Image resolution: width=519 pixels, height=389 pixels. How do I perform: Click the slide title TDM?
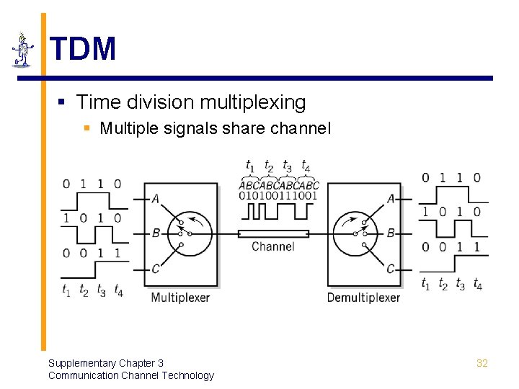(83, 49)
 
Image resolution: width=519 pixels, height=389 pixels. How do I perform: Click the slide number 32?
(482, 363)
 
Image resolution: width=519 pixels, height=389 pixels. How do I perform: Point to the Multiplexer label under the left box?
(179, 298)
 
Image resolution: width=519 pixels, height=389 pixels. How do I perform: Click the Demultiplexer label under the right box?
(363, 298)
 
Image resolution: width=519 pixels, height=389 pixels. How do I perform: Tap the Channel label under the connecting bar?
(272, 246)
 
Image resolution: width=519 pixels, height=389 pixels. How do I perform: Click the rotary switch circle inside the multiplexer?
(190, 233)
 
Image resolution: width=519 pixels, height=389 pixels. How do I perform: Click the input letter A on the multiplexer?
(156, 199)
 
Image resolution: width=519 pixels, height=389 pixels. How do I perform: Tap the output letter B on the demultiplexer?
(391, 233)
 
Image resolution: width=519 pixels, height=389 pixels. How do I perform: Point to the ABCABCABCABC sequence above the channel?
(278, 185)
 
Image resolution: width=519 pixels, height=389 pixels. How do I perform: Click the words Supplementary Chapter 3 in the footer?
(105, 363)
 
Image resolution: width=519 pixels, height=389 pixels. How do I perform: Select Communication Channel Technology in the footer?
(130, 375)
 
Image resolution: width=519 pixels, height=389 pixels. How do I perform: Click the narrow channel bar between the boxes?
(273, 233)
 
